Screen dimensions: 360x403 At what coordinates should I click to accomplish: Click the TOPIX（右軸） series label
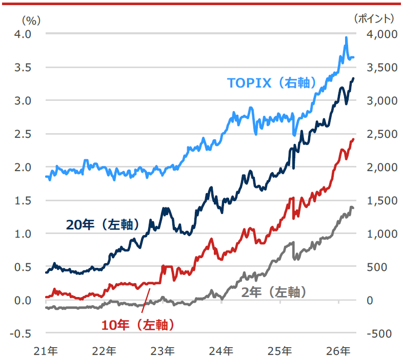[x=271, y=83]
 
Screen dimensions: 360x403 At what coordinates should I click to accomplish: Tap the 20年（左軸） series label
[x=103, y=224]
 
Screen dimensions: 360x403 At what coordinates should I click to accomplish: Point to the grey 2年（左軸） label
[x=274, y=292]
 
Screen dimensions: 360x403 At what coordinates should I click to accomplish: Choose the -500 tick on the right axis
[x=380, y=333]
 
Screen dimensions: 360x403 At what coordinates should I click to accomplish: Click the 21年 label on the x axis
[x=46, y=351]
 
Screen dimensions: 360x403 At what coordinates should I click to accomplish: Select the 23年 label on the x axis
[x=163, y=351]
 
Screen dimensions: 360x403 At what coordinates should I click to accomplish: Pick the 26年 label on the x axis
[x=339, y=351]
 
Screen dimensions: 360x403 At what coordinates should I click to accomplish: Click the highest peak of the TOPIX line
[x=347, y=37]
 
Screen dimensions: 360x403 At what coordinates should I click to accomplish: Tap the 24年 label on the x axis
[x=221, y=351]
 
